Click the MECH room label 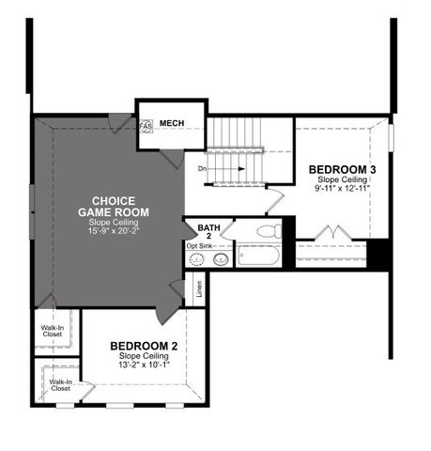pyautogui.click(x=171, y=123)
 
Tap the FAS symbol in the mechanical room pyautogui.click(x=146, y=126)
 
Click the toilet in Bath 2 pyautogui.click(x=268, y=230)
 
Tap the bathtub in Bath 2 pyautogui.click(x=258, y=255)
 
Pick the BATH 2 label pyautogui.click(x=209, y=231)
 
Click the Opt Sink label pyautogui.click(x=199, y=246)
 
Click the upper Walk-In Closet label pyautogui.click(x=52, y=331)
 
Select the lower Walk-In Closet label pyautogui.click(x=60, y=384)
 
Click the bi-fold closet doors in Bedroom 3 pyautogui.click(x=331, y=232)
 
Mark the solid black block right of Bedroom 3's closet pyautogui.click(x=378, y=254)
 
